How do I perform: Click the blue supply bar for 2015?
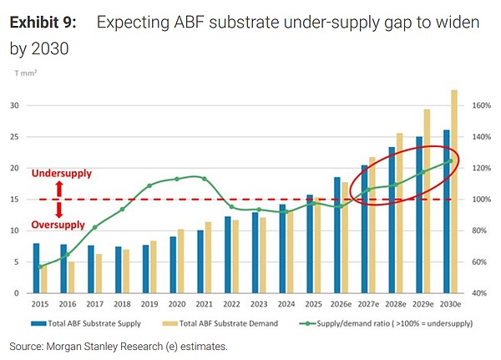(37, 268)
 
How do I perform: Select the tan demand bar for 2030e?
(454, 191)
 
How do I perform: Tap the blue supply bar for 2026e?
(337, 235)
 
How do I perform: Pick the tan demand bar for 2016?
(71, 277)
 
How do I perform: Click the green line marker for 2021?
(205, 179)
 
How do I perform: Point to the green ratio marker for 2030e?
(451, 161)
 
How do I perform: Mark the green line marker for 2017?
(95, 227)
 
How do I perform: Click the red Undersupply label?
(62, 173)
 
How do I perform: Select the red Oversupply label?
(58, 225)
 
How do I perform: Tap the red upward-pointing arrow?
(59, 189)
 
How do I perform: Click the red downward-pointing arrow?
(59, 210)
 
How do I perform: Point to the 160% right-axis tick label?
(481, 105)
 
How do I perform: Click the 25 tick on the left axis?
(14, 137)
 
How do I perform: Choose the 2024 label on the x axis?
(286, 304)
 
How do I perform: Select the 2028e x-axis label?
(396, 304)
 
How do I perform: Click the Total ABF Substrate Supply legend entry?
(86, 323)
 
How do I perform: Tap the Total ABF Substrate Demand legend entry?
(220, 323)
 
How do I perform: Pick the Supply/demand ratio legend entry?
(386, 323)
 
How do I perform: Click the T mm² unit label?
(26, 74)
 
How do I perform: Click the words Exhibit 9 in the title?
(43, 23)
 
